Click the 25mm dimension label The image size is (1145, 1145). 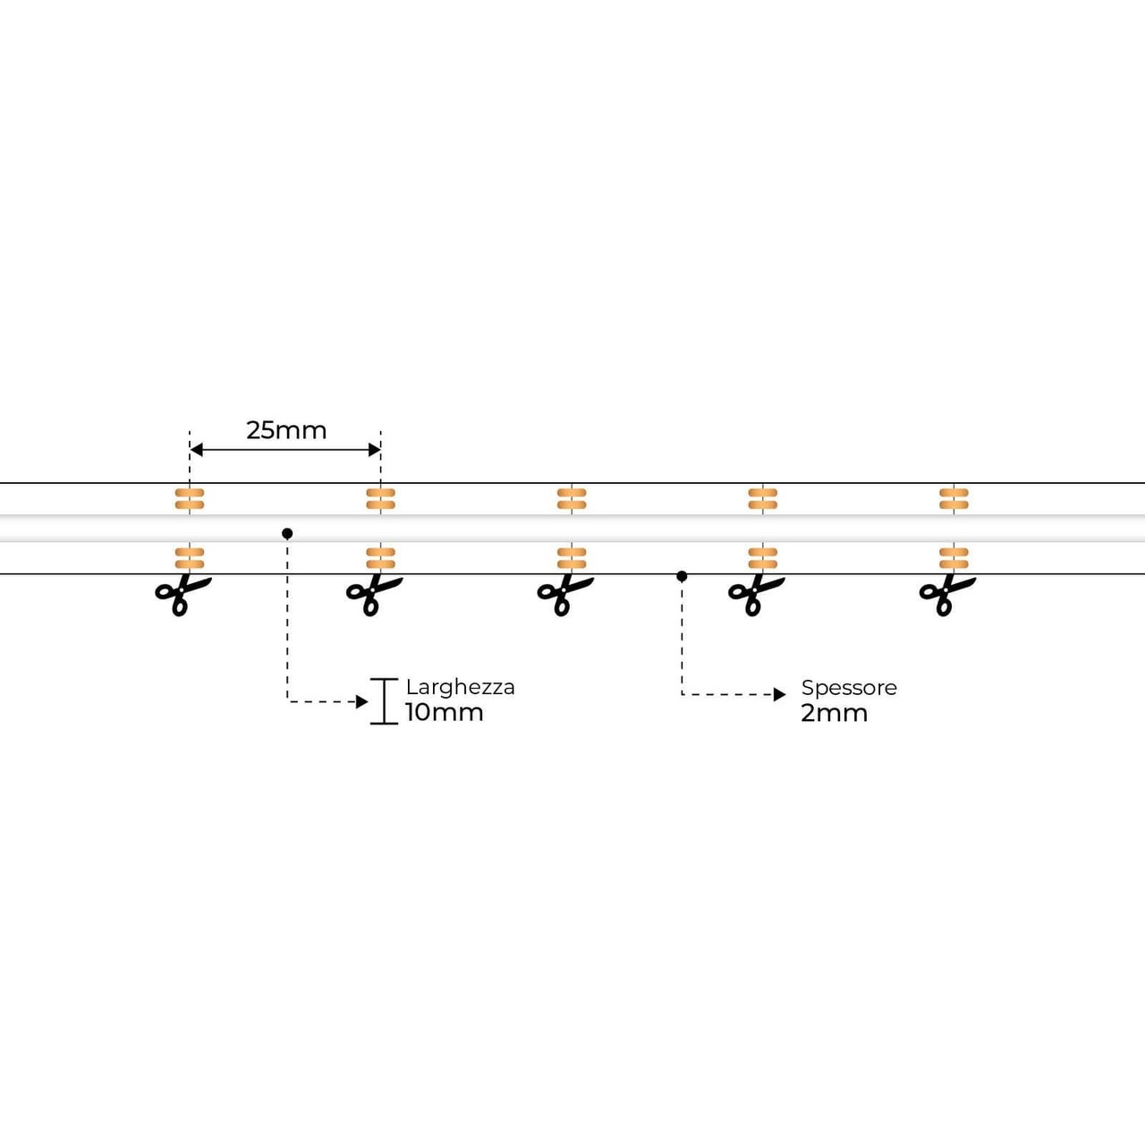(x=286, y=430)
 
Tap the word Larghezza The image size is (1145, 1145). (x=460, y=687)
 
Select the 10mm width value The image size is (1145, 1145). (x=444, y=712)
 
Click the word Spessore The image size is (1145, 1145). (x=848, y=688)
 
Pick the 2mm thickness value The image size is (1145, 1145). (x=834, y=713)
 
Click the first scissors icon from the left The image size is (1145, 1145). (x=182, y=596)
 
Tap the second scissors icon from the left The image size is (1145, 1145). (x=374, y=596)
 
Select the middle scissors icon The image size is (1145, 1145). (x=564, y=596)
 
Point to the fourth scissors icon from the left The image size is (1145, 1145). (x=756, y=596)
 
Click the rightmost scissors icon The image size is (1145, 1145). (x=947, y=596)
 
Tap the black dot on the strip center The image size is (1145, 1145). (x=287, y=533)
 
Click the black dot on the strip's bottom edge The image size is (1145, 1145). (x=682, y=576)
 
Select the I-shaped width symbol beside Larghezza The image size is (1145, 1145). (x=385, y=701)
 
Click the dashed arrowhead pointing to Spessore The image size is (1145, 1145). (x=780, y=694)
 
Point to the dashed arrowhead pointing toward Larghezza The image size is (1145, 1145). (x=362, y=701)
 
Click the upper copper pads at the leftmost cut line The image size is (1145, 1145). (x=190, y=498)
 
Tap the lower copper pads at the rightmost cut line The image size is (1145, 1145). (x=954, y=558)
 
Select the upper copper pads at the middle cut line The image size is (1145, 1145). (x=572, y=498)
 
